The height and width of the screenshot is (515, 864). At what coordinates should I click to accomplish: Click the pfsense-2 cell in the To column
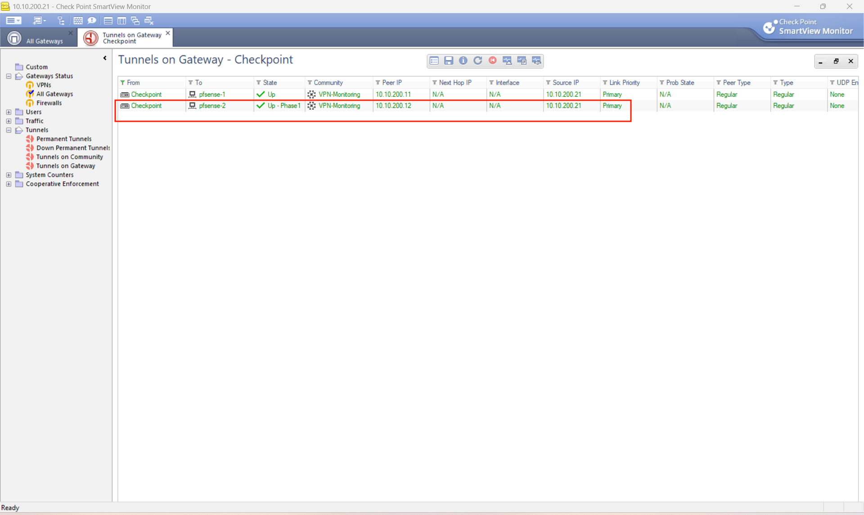point(212,106)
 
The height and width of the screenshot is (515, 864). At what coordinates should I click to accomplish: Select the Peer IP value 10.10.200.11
point(393,94)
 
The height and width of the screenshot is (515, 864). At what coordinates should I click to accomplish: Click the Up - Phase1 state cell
point(283,106)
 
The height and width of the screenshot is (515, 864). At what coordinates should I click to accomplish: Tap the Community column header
point(328,83)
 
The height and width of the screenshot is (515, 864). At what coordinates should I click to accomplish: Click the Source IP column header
point(566,83)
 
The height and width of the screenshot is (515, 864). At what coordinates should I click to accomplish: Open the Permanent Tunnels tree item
point(64,139)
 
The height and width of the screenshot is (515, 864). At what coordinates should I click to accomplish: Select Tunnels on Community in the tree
point(70,157)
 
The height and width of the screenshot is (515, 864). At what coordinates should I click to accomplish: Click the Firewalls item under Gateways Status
point(49,103)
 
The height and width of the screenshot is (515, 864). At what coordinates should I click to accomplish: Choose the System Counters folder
point(49,175)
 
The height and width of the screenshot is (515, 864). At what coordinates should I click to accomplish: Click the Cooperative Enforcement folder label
point(63,184)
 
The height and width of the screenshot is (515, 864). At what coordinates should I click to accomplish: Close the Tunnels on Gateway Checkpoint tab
point(168,33)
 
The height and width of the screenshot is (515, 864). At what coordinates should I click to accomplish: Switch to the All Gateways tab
point(45,41)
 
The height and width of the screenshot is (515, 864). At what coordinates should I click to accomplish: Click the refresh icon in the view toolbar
point(478,61)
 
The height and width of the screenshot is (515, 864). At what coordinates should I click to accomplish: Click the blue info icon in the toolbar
point(463,61)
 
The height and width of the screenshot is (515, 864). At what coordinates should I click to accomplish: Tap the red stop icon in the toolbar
point(493,61)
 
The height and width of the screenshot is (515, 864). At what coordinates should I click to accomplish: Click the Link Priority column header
point(624,83)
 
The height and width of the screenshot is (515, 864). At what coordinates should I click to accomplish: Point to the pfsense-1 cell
point(212,94)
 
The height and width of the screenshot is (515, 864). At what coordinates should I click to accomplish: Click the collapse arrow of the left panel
point(105,58)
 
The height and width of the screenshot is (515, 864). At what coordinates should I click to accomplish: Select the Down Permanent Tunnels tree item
point(73,148)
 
